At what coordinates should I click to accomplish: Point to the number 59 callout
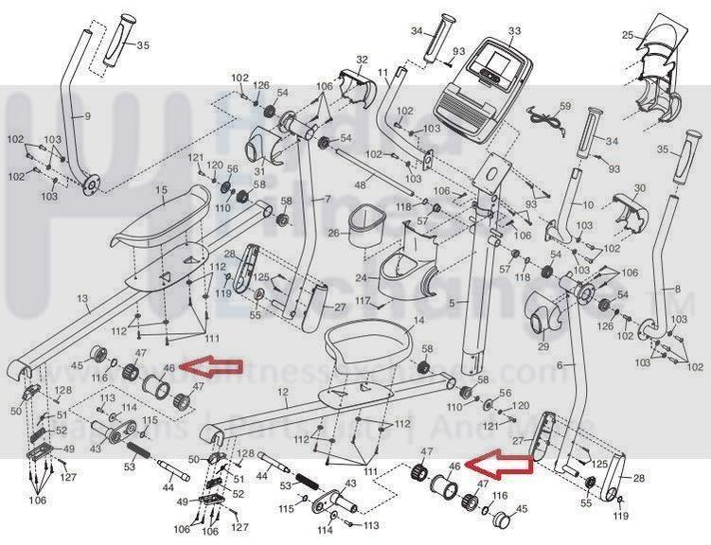click(x=565, y=106)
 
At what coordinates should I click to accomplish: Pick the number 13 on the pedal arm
click(x=83, y=299)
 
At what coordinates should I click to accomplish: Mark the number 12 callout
click(x=282, y=391)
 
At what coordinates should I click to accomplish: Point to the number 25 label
click(x=626, y=36)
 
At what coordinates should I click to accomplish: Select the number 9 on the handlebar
click(x=86, y=116)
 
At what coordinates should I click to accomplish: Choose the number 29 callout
click(x=542, y=347)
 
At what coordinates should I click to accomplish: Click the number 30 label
click(x=639, y=188)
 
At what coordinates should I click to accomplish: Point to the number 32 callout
click(x=361, y=60)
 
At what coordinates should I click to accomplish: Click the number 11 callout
click(x=382, y=72)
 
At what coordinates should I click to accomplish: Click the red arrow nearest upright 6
click(x=502, y=462)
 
